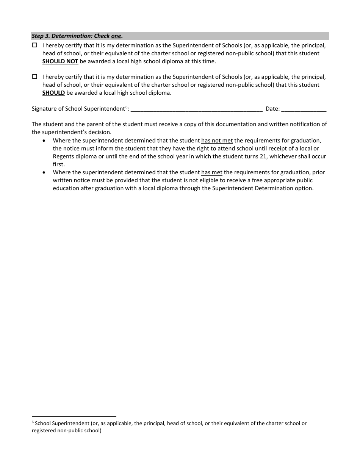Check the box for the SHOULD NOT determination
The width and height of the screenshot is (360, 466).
[34, 45]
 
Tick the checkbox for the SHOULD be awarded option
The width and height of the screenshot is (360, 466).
[34, 77]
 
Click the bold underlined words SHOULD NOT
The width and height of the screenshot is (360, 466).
[60, 61]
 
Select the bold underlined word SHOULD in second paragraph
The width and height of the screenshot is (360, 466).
[53, 93]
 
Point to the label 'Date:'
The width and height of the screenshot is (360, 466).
[272, 109]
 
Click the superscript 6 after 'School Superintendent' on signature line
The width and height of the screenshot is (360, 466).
[127, 107]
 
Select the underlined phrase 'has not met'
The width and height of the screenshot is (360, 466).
[217, 141]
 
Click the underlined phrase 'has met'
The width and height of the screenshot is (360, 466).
[211, 172]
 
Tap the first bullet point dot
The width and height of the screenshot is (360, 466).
[45, 141]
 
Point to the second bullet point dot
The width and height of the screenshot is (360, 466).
[45, 172]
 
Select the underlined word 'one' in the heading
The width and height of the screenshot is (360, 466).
[116, 36]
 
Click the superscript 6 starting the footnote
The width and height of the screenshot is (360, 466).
[33, 422]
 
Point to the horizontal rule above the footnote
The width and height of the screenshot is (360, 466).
[74, 416]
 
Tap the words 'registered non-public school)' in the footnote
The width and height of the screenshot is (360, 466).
[67, 431]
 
